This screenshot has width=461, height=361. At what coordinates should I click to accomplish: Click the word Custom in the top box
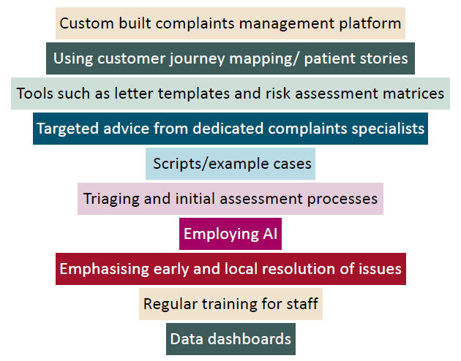click(87, 23)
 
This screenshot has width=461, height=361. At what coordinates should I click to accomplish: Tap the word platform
click(370, 23)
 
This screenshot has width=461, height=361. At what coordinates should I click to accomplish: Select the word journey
click(197, 59)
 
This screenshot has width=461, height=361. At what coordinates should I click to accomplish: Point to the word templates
click(194, 94)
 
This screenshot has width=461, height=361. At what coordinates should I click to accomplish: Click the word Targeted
click(67, 129)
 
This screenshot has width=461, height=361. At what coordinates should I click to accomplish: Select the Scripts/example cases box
click(230, 164)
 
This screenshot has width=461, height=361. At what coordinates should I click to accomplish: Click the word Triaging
click(111, 199)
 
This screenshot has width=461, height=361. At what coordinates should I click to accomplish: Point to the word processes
click(342, 199)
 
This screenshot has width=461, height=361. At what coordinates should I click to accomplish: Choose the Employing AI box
click(230, 234)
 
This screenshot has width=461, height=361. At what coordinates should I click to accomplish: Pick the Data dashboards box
click(230, 339)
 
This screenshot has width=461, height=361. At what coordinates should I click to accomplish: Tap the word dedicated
click(228, 129)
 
